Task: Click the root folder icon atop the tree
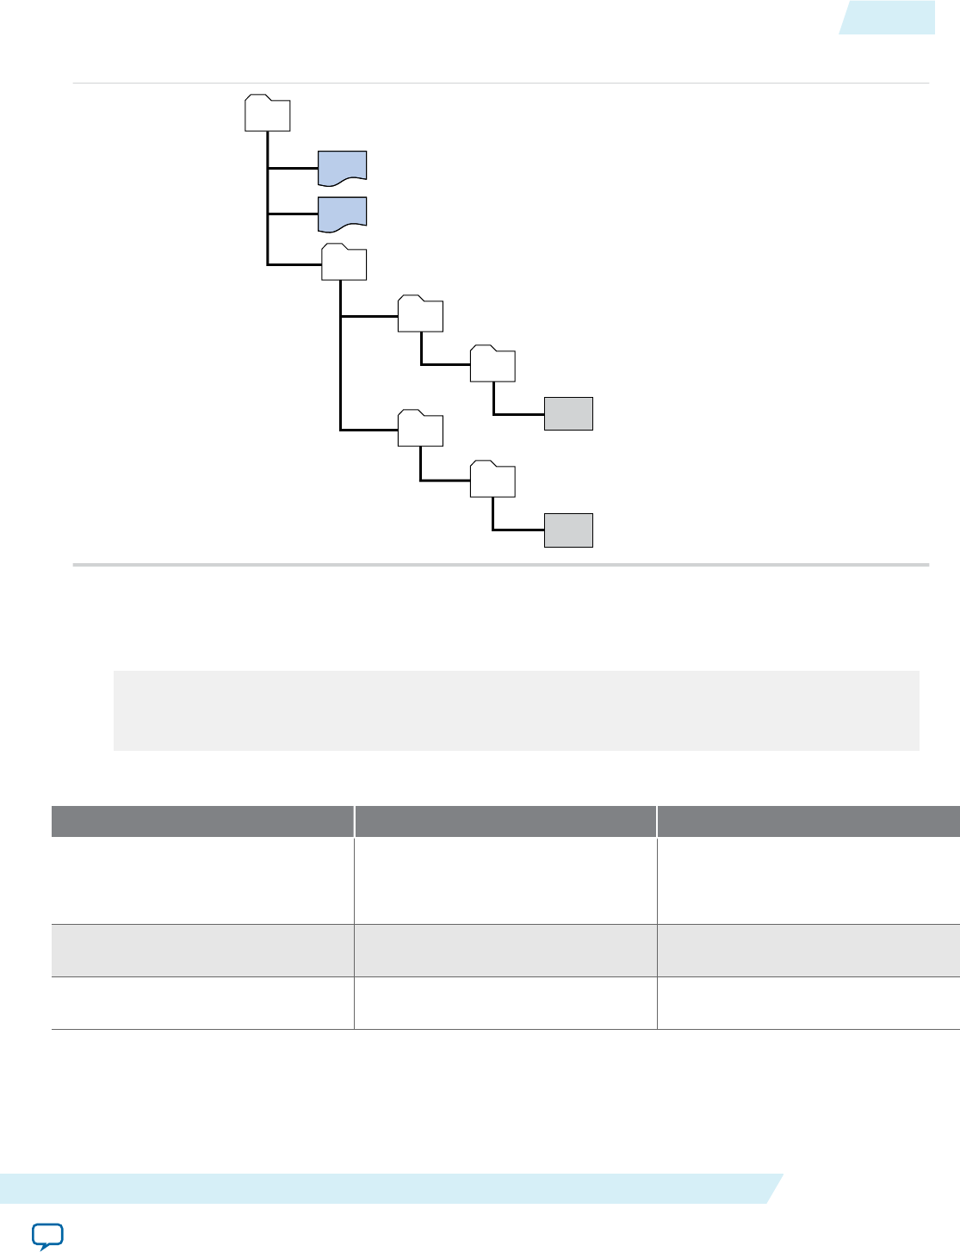tap(267, 114)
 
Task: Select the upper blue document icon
tap(343, 166)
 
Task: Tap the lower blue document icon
tap(343, 214)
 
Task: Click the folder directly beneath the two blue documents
tap(344, 263)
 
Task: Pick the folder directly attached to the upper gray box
tap(492, 364)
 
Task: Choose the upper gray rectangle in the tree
tap(568, 413)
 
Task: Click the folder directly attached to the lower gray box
tap(492, 480)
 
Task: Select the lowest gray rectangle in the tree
tap(568, 530)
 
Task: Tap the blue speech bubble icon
tap(47, 1235)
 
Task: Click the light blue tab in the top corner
tap(888, 17)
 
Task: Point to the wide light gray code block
tap(517, 710)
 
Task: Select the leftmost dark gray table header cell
tap(202, 821)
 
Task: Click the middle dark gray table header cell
tap(505, 821)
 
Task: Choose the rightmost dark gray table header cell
tap(808, 821)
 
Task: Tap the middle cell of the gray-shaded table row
tap(505, 951)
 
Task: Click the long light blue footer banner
tap(387, 1188)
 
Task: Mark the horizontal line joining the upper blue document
tap(293, 168)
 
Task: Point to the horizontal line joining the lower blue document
tap(293, 214)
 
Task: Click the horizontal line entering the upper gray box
tap(518, 414)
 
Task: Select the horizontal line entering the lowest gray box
tap(518, 530)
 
